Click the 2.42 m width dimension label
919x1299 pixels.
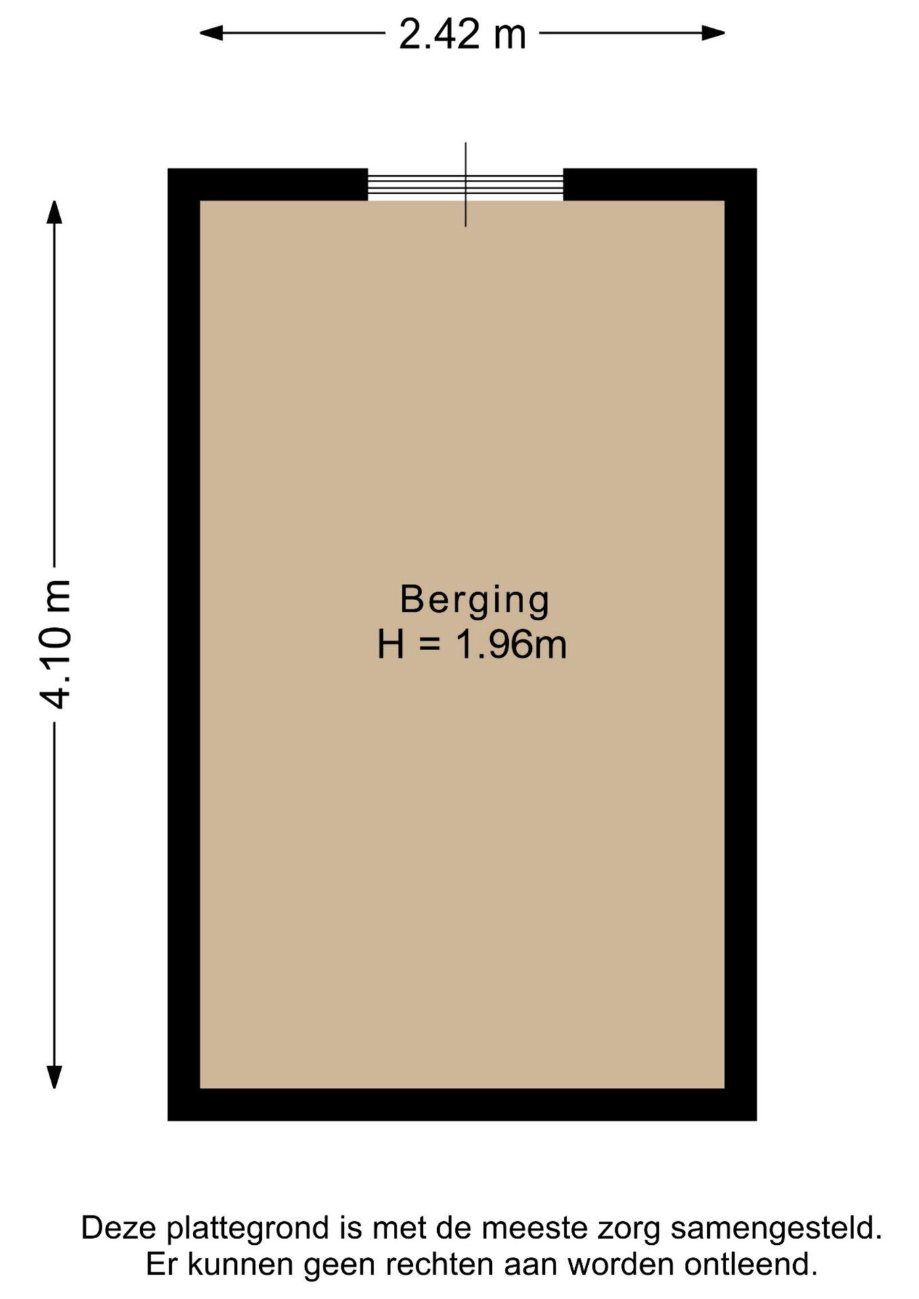point(462,35)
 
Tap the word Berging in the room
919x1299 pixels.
point(474,600)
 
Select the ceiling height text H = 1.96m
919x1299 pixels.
point(472,644)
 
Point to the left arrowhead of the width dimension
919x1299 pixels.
point(211,32)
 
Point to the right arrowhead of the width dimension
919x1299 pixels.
point(713,32)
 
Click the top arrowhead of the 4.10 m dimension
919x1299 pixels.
point(54,212)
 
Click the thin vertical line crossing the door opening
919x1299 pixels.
point(466,184)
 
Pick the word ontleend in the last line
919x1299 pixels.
point(750,1264)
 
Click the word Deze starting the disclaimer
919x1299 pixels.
point(120,1227)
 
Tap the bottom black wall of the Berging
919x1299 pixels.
point(462,1104)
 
